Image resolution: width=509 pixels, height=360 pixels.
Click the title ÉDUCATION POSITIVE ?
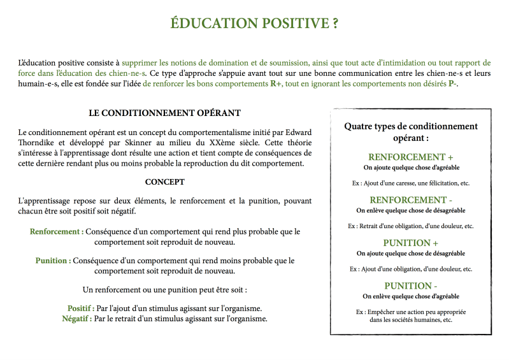click(x=254, y=24)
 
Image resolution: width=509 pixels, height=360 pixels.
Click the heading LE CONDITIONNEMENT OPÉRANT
click(x=164, y=113)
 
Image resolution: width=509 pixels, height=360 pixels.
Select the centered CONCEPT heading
click(x=164, y=182)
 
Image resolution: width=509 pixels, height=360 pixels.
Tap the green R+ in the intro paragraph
click(x=276, y=84)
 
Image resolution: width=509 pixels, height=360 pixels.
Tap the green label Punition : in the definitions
click(x=53, y=261)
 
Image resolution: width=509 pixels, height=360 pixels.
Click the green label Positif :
click(x=81, y=308)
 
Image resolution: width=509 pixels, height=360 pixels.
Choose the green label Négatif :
click(x=76, y=319)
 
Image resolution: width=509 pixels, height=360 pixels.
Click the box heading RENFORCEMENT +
click(x=411, y=157)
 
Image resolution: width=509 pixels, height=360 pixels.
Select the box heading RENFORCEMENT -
click(x=411, y=200)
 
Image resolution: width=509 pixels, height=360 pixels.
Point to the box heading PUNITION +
click(x=411, y=243)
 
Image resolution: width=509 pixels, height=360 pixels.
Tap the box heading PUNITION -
click(x=411, y=285)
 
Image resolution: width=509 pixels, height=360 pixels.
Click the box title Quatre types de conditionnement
click(x=411, y=126)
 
